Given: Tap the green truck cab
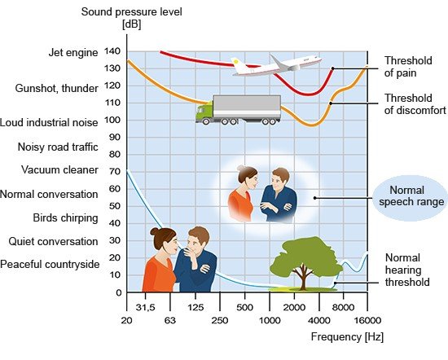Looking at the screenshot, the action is click(204, 112).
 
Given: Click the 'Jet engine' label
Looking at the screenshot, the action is click(73, 53).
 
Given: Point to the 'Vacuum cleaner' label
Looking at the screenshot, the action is click(59, 169).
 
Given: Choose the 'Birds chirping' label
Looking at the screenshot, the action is click(65, 218).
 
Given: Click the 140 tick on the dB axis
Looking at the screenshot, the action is click(112, 51).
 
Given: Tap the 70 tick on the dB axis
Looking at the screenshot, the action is click(115, 171).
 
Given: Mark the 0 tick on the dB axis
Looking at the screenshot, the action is click(119, 292).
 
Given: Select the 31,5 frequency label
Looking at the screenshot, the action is click(146, 307).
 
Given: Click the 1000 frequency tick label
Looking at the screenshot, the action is click(270, 321).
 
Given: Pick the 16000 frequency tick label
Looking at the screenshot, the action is click(367, 321).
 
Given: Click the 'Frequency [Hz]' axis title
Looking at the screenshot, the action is click(347, 337).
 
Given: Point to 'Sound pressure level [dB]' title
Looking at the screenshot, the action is click(131, 18).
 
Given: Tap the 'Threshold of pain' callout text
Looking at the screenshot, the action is click(408, 67).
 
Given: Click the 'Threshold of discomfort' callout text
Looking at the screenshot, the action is click(415, 104).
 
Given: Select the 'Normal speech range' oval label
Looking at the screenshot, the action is click(411, 196).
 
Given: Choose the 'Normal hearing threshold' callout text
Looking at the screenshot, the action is click(407, 270).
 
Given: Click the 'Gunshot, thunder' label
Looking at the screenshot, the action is click(56, 88).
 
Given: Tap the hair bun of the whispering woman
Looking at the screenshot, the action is click(155, 231).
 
